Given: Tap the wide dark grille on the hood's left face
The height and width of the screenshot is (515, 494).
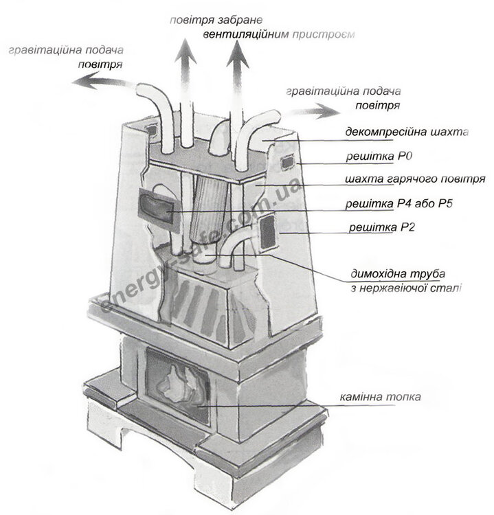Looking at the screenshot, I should (x=156, y=204).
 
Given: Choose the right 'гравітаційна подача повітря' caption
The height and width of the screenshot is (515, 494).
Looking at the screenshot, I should (x=344, y=98).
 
